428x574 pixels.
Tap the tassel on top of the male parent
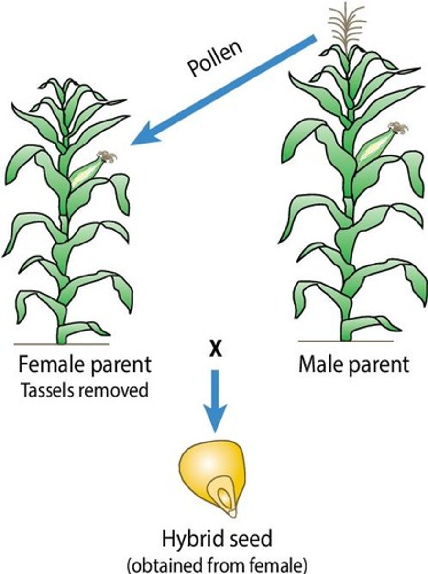click(348, 24)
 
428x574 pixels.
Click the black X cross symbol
click(216, 351)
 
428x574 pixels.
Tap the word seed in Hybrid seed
click(251, 540)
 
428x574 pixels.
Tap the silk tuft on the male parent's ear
click(398, 128)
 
